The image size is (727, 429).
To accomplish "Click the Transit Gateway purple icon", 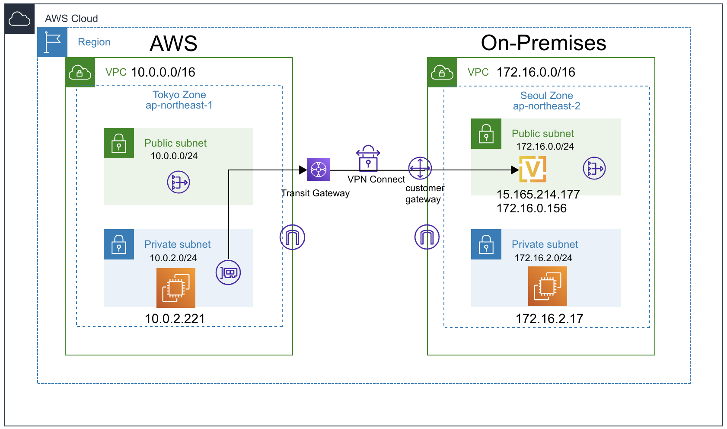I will (319, 170).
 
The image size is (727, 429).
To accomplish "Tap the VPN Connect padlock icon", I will (368, 159).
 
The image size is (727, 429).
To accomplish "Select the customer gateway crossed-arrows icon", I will (420, 168).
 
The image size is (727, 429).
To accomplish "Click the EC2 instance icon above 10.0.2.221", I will (176, 288).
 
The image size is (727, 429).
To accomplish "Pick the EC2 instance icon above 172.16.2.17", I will (547, 286).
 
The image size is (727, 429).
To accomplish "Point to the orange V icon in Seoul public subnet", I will (532, 169).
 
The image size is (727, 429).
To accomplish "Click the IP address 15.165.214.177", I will (538, 194).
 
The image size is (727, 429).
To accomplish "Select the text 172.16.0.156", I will (531, 208).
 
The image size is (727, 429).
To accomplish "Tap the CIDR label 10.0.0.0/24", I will (174, 156).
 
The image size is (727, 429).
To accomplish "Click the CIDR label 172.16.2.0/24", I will (543, 258).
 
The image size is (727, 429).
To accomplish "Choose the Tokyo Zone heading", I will (179, 95).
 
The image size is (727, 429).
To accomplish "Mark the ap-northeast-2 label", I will (546, 106).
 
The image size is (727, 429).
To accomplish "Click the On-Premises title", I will (543, 43).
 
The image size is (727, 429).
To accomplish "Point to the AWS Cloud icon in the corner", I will (19, 19).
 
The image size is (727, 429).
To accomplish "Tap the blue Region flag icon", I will (52, 42).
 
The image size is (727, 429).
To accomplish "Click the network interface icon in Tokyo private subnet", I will (228, 272).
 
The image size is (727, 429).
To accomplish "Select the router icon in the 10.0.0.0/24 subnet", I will (179, 182).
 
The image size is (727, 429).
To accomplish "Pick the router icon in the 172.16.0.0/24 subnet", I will (594, 168).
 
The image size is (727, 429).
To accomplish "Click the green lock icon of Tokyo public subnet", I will (119, 143).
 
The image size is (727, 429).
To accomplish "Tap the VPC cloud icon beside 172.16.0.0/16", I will (442, 72).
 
